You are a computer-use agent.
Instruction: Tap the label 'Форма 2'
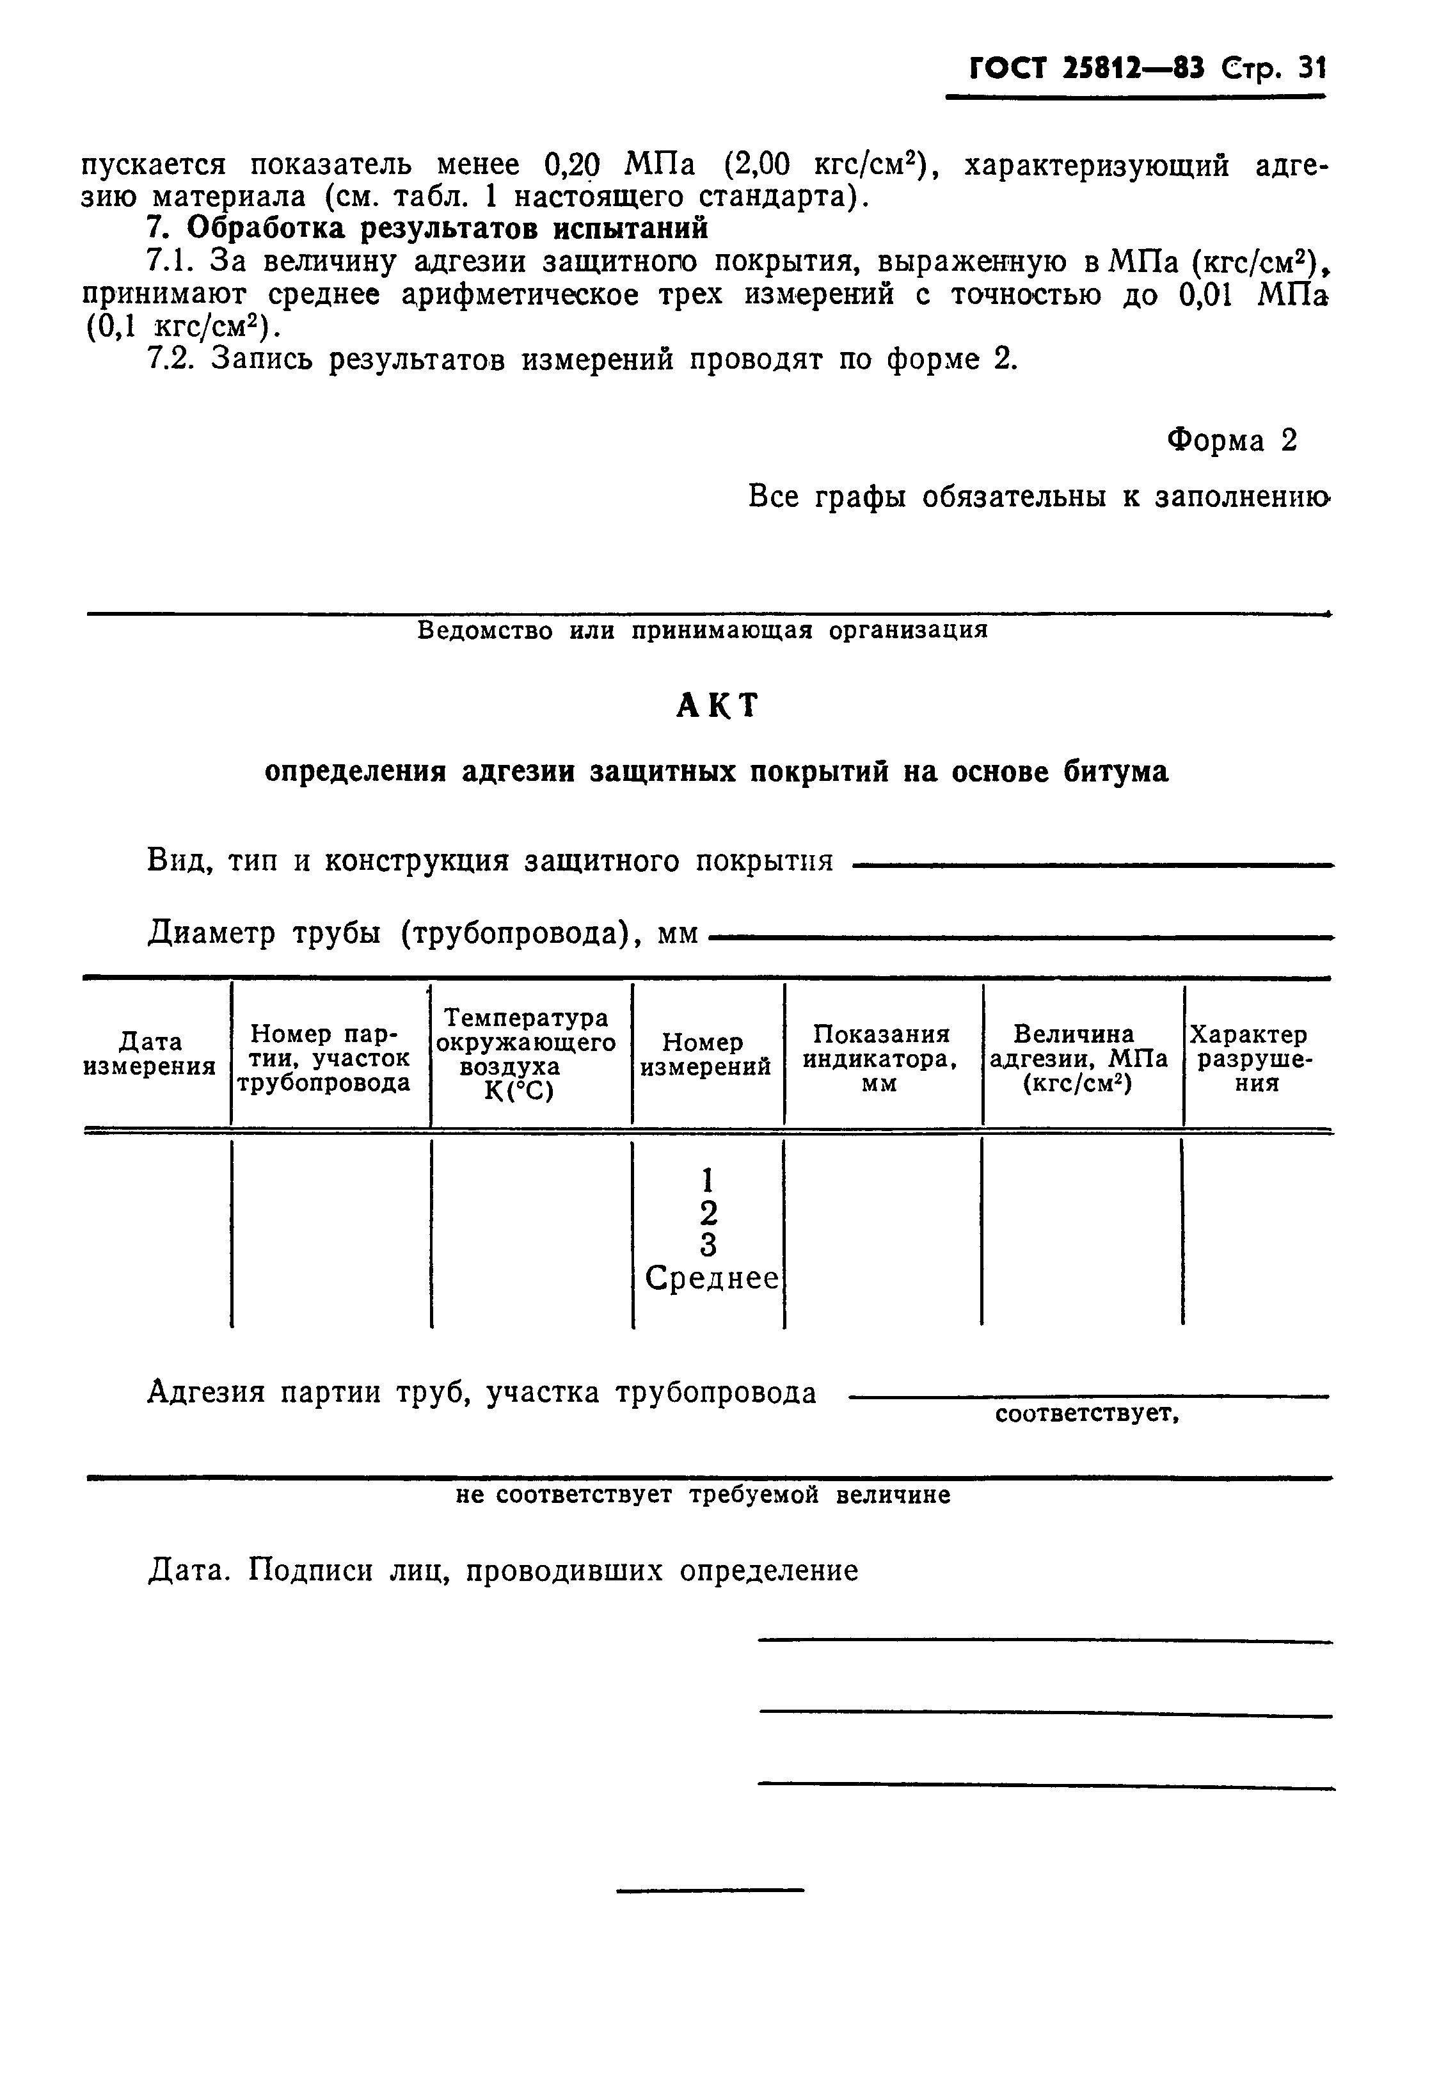pyautogui.click(x=1232, y=440)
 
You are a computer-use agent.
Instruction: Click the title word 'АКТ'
pyautogui.click(x=718, y=705)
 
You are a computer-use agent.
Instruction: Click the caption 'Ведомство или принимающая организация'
pyautogui.click(x=703, y=630)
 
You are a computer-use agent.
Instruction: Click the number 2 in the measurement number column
pyautogui.click(x=709, y=1211)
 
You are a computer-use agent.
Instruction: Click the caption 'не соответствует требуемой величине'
pyautogui.click(x=703, y=1495)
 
